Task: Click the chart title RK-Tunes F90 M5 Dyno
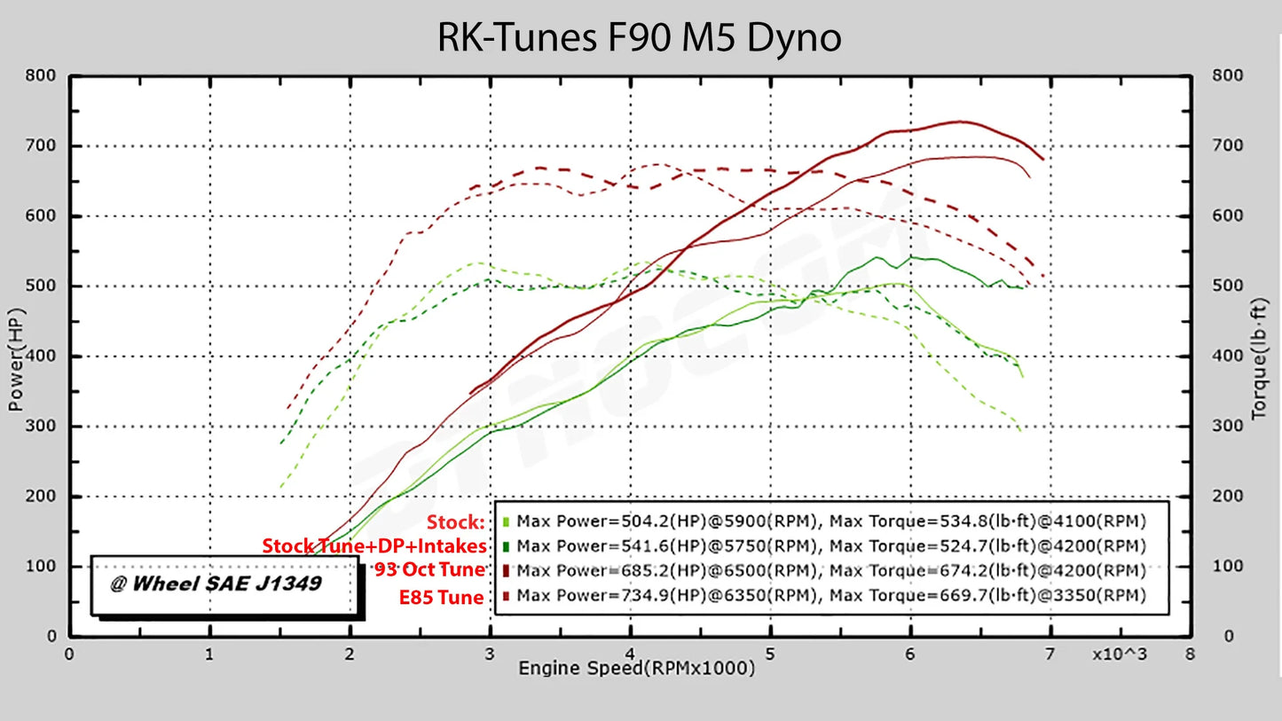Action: coord(639,37)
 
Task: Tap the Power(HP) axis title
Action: coord(17,358)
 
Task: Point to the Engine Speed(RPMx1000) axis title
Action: coord(636,668)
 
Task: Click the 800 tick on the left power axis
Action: coord(43,76)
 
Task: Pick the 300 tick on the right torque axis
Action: coord(1228,426)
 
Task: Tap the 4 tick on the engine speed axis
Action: coord(629,654)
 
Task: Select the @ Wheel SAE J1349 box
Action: coord(226,585)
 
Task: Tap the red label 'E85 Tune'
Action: coord(442,598)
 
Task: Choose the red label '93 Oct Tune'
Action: coord(429,570)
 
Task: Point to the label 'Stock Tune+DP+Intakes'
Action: coord(374,545)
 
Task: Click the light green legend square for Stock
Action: coord(506,521)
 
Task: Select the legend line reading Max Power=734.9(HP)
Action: coord(830,596)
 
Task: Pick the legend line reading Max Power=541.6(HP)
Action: coord(830,545)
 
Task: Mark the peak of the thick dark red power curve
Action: coord(958,121)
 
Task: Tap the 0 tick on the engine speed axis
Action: coord(69,654)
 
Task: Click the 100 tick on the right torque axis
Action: coord(1228,566)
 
